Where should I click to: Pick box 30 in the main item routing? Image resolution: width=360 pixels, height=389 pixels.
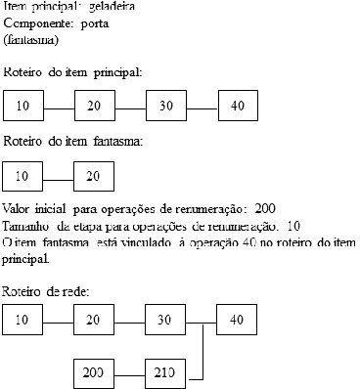[165, 105]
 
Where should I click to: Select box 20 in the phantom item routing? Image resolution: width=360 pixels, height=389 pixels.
[94, 176]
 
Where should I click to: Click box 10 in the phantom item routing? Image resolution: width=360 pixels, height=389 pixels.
[22, 176]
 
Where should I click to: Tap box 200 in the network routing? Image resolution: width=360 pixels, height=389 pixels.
[94, 373]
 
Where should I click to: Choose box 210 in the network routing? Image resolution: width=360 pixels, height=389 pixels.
[165, 373]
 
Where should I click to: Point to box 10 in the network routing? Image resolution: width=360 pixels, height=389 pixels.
[22, 320]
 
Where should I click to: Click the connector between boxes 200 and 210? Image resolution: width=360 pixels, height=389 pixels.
[129, 373]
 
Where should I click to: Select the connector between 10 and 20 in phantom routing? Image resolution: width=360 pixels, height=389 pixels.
[58, 176]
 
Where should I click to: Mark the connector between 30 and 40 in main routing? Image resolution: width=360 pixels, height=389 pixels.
[201, 105]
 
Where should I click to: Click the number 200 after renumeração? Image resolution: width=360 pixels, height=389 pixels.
[264, 208]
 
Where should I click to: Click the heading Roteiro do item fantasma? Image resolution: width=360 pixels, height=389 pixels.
[73, 141]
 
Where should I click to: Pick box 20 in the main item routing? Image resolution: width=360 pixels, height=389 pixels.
[94, 105]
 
